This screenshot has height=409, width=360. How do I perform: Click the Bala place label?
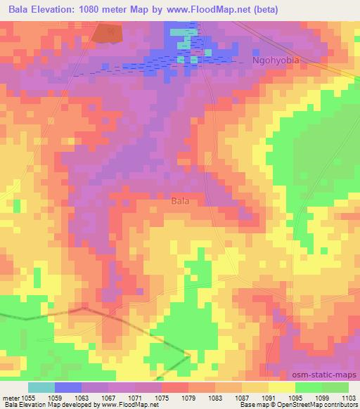(x=181, y=201)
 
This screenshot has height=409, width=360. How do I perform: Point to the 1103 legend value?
(x=349, y=397)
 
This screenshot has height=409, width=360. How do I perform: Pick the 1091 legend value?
(x=269, y=397)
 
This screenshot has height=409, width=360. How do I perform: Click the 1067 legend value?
(x=110, y=397)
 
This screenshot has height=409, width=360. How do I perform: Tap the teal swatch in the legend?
(x=41, y=387)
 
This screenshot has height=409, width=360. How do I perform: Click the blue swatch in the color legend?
(x=68, y=387)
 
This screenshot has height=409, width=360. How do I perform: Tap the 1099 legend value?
(x=323, y=397)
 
